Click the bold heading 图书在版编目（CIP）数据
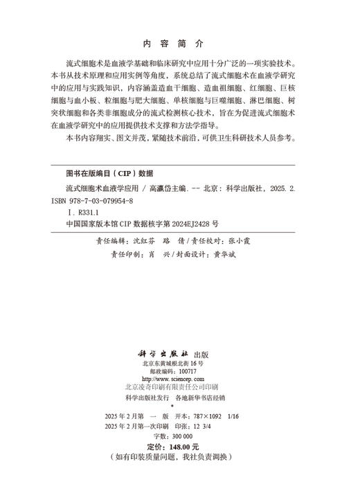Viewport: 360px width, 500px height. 109,173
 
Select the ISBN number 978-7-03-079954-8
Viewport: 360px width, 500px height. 108,201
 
